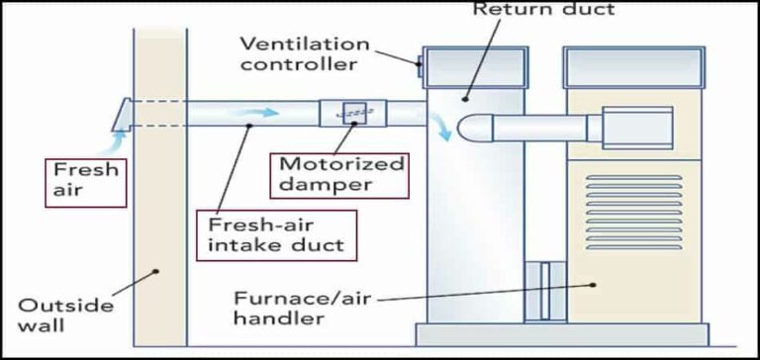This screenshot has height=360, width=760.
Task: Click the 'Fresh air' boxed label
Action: pos(87,180)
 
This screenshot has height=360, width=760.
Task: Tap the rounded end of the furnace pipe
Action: pos(469,127)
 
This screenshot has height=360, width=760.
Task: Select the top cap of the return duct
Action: pos(472,65)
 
